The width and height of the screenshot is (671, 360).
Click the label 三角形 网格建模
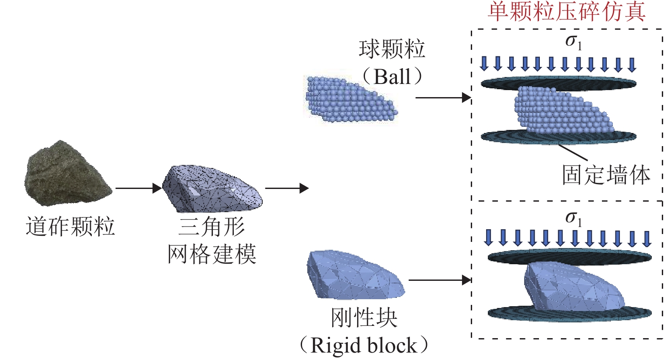click(x=212, y=241)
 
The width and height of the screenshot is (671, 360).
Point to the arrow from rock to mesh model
click(x=138, y=189)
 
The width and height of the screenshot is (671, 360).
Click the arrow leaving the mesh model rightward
click(x=287, y=189)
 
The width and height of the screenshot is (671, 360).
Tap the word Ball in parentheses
click(x=392, y=77)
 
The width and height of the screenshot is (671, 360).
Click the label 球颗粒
click(x=392, y=49)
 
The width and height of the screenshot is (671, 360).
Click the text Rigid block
click(x=364, y=346)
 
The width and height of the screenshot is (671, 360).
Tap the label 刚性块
click(x=364, y=318)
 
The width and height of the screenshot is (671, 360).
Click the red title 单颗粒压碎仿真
click(x=567, y=12)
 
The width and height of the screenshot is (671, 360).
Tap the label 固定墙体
click(x=606, y=175)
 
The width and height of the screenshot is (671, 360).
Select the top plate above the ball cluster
click(x=559, y=83)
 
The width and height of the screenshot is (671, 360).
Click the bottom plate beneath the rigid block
click(x=569, y=314)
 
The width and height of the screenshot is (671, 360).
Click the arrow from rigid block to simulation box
click(x=440, y=280)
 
